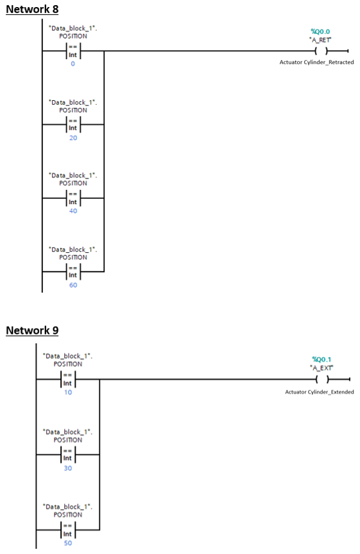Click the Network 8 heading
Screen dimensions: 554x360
[32, 10]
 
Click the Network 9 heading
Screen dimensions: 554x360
[32, 331]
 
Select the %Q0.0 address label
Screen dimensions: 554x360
[320, 31]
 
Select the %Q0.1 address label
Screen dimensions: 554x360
[320, 359]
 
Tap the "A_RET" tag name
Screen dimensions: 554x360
[320, 39]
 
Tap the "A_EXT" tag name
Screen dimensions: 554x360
[320, 367]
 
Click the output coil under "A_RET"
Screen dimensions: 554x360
[320, 50]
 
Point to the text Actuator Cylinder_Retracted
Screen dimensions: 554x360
[316, 62]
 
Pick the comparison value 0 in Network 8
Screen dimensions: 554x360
[73, 64]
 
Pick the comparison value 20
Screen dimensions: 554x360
[73, 138]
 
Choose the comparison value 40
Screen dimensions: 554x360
[73, 211]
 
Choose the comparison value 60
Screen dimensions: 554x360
[73, 285]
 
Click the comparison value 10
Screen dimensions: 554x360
[68, 392]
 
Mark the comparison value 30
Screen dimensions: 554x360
[68, 469]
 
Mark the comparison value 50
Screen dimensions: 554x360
[68, 543]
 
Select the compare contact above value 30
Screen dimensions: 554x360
[68, 454]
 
